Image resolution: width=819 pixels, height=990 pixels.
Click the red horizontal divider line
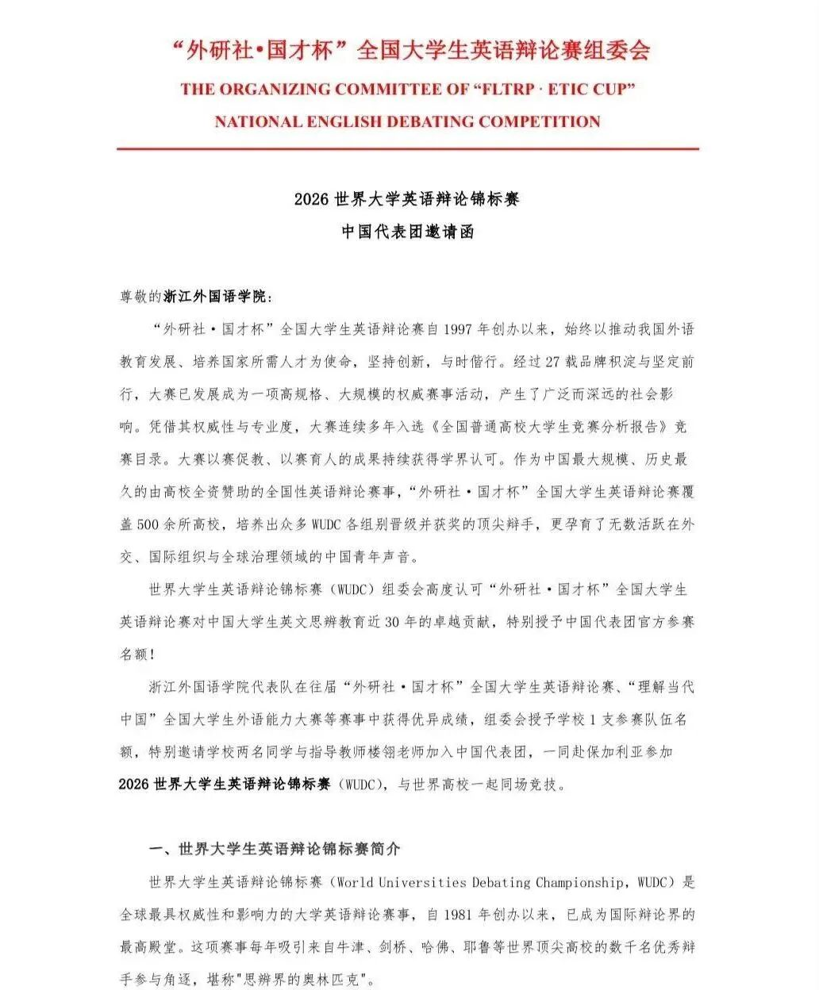point(408,148)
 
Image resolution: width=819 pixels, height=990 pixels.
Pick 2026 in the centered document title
point(311,199)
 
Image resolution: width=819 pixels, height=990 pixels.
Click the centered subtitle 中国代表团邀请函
point(408,232)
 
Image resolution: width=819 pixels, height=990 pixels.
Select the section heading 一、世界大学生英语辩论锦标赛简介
point(275,849)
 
